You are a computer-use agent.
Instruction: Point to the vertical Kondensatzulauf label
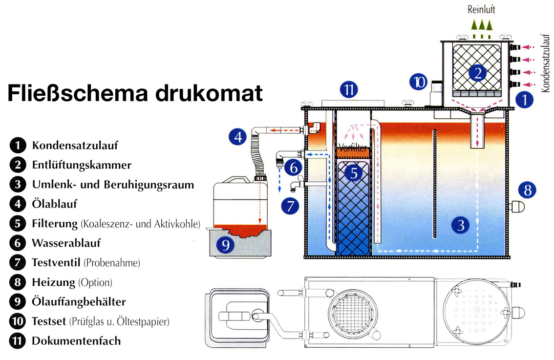[x=547, y=60]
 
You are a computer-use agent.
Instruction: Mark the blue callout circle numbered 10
[x=419, y=82]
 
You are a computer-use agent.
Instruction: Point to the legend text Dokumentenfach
[x=76, y=340]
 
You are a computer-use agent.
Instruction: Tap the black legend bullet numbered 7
[x=17, y=262]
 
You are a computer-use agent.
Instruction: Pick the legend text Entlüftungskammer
[x=82, y=165]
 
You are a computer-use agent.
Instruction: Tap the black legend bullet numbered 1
[x=17, y=145]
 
